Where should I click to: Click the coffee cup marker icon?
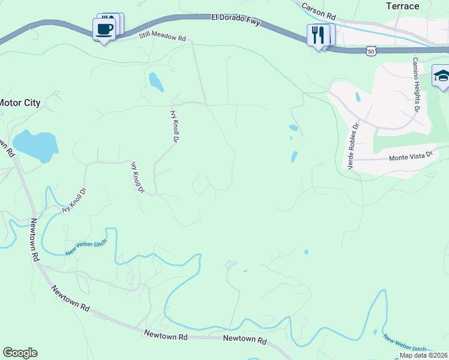104,28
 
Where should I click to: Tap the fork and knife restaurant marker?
318,34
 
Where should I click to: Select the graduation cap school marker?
442,76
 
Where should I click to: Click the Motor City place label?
20,103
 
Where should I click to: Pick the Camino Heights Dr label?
415,85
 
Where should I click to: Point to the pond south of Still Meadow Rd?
156,82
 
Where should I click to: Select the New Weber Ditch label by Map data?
405,344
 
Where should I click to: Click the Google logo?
20,353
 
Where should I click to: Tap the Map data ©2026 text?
423,355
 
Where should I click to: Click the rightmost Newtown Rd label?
244,339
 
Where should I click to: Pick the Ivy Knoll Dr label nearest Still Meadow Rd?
175,125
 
